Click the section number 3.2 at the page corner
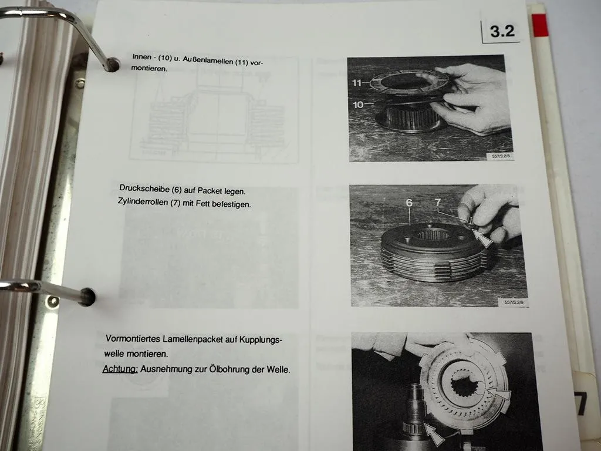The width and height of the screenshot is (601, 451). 502,31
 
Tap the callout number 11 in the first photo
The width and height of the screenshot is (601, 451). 357,83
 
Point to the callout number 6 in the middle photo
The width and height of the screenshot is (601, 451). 408,203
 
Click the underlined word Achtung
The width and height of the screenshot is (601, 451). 120,369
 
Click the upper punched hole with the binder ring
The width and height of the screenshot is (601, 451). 112,65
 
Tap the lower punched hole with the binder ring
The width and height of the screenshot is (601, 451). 87,297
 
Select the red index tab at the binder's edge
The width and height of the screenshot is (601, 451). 539,25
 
